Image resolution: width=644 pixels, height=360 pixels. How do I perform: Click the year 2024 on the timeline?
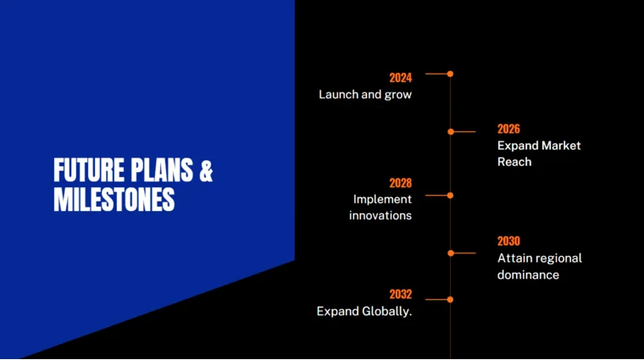(400, 78)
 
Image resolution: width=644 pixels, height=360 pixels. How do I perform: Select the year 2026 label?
(508, 129)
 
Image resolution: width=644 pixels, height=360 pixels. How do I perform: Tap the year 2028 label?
(400, 183)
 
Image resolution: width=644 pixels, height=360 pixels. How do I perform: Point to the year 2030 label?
(508, 241)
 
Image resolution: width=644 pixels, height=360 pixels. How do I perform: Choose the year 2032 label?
(400, 295)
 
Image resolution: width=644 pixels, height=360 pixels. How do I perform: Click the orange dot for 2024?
(450, 74)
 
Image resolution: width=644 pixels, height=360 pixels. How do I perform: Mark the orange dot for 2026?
(451, 131)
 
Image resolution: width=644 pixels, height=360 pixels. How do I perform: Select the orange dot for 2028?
(450, 195)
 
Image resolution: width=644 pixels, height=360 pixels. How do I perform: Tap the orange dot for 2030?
(451, 252)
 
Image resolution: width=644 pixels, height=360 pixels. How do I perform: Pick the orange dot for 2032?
(450, 299)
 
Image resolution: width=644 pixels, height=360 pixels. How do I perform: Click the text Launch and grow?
(365, 95)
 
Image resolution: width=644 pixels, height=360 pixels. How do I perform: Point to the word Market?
(561, 146)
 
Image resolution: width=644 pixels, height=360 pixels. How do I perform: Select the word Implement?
(382, 199)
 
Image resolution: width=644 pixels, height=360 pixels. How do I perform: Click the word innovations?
(380, 215)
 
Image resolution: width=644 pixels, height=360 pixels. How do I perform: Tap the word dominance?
(528, 274)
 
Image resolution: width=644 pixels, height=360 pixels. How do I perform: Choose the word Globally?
(387, 312)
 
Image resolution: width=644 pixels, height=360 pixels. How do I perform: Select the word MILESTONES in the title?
(114, 200)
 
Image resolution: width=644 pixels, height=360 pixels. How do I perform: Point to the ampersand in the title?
(206, 170)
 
